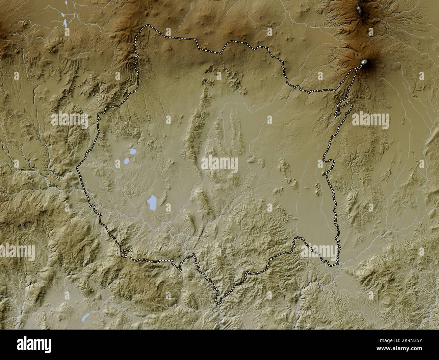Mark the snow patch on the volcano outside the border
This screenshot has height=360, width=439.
pyautogui.click(x=360, y=9)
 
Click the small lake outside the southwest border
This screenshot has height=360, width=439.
pyautogui.click(x=86, y=317)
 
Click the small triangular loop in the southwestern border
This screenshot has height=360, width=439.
pyautogui.click(x=125, y=253)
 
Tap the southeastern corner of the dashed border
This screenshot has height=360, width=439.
pyautogui.click(x=337, y=264)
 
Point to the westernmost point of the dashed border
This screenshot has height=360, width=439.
pyautogui.click(x=77, y=167)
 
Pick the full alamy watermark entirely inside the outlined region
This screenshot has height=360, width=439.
pyautogui.click(x=219, y=164)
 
